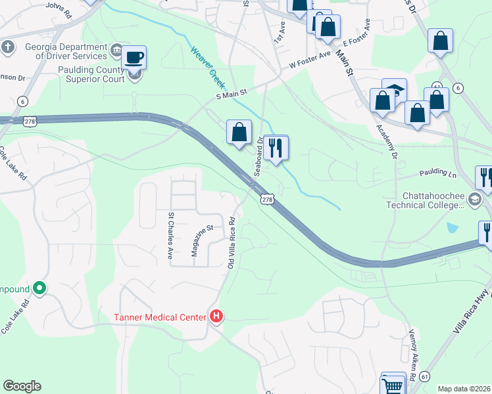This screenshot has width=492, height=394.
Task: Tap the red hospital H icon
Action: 216,317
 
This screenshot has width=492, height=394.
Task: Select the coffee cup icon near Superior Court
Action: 134,58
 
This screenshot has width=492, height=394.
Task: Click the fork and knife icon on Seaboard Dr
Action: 276,148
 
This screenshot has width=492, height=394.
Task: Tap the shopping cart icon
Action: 393,385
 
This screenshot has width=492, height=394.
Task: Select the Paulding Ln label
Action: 438,175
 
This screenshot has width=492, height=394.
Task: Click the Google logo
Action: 22,386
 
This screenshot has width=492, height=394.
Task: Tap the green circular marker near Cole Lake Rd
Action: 39,288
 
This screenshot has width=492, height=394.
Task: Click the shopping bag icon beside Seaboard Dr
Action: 239,132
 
